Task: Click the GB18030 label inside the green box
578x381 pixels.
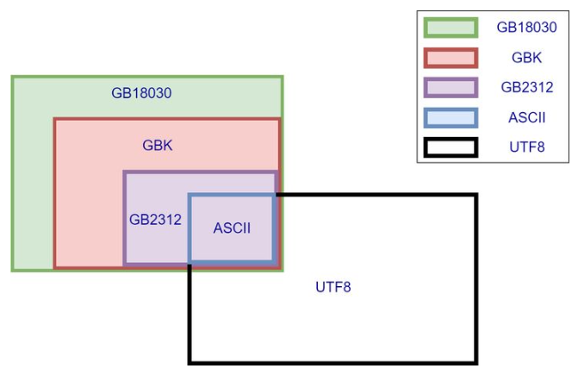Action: point(142,93)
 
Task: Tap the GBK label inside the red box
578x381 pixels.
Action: point(158,145)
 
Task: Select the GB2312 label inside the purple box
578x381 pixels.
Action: point(155,219)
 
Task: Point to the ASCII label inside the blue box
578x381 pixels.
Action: point(232,228)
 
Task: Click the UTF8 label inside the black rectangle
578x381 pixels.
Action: point(333,286)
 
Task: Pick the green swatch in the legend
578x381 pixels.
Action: point(450,28)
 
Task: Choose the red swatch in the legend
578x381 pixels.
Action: point(450,58)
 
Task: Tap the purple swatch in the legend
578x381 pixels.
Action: point(450,87)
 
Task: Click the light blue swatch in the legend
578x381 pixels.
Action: point(450,117)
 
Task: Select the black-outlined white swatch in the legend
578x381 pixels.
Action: point(450,147)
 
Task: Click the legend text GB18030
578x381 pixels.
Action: point(526,28)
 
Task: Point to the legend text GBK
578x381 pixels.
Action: point(526,58)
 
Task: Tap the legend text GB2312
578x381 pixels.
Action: point(526,87)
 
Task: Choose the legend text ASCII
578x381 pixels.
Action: point(526,117)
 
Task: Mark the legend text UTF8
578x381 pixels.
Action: point(526,147)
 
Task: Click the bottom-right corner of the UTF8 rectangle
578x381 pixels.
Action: point(475,362)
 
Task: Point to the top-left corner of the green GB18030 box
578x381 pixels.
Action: point(13,78)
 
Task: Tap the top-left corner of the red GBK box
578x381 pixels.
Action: point(55,120)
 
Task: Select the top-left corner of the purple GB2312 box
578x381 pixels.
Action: point(125,172)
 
